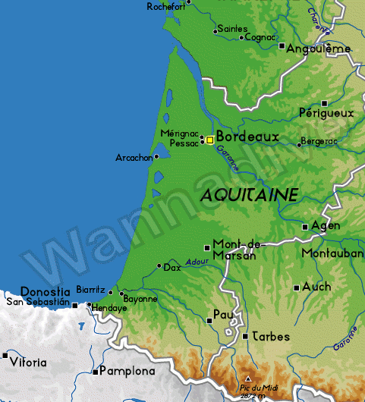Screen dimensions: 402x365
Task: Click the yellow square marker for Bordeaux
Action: coord(209,140)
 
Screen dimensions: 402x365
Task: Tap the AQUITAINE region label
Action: coord(249,195)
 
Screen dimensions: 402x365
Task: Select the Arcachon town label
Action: coord(133,158)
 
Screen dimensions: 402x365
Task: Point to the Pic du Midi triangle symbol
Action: coord(248,378)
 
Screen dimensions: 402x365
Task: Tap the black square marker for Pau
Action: coord(209,321)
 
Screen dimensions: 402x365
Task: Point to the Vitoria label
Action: coord(29,363)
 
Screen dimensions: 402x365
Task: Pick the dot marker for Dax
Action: coord(159,266)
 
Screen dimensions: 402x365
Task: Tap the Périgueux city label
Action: coord(326,112)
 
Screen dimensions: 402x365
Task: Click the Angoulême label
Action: coord(319,49)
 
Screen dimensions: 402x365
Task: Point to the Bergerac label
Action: coord(319,141)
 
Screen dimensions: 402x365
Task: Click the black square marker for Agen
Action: coord(305,226)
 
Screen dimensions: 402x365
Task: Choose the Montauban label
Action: coord(332,253)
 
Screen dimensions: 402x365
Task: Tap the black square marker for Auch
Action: coord(296,287)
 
